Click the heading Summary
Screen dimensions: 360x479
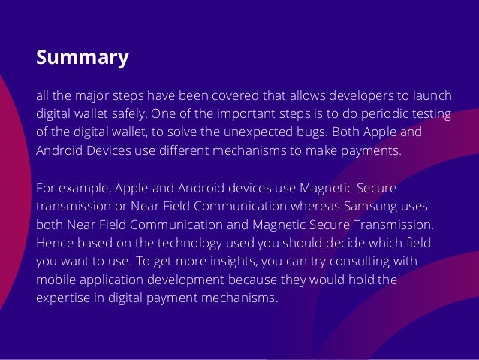click(x=83, y=58)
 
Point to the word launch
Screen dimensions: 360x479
click(x=433, y=96)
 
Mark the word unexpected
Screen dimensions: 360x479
click(x=248, y=132)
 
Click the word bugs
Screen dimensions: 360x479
click(x=303, y=132)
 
